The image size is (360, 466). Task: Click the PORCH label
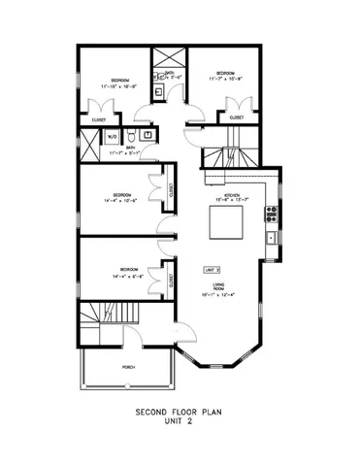pos(126,368)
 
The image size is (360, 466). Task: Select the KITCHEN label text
pos(232,196)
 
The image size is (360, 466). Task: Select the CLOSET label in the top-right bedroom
pos(237,117)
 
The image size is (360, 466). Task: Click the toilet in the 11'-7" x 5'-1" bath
pos(130,135)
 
